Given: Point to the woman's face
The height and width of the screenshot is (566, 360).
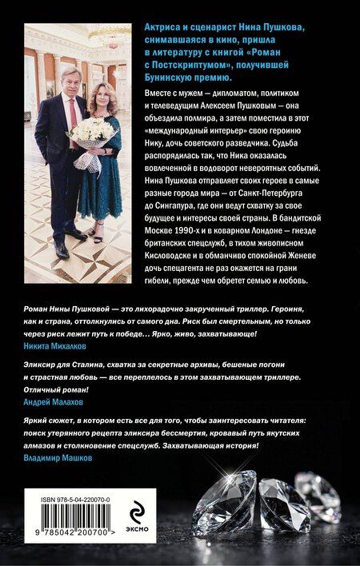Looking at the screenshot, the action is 101,84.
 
